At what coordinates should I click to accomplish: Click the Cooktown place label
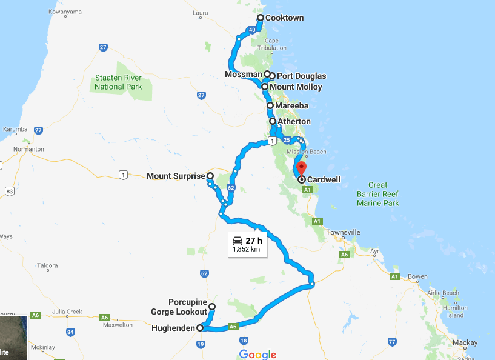[x=284, y=18]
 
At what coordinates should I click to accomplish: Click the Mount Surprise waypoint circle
[x=210, y=176]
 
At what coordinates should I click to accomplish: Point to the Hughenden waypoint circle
[x=200, y=328]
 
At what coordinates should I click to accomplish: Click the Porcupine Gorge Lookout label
[x=179, y=307]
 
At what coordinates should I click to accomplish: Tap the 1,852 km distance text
[x=247, y=249]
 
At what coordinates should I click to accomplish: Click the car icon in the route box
[x=238, y=241]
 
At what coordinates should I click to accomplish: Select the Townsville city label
[x=343, y=232]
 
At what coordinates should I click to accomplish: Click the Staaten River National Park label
[x=118, y=82]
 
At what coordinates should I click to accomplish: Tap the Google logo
[x=257, y=355]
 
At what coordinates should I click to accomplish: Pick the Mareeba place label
[x=291, y=106]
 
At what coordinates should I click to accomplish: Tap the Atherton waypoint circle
[x=273, y=122]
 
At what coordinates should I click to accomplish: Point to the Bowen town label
[x=417, y=276]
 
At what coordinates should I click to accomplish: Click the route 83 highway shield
[x=9, y=192]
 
